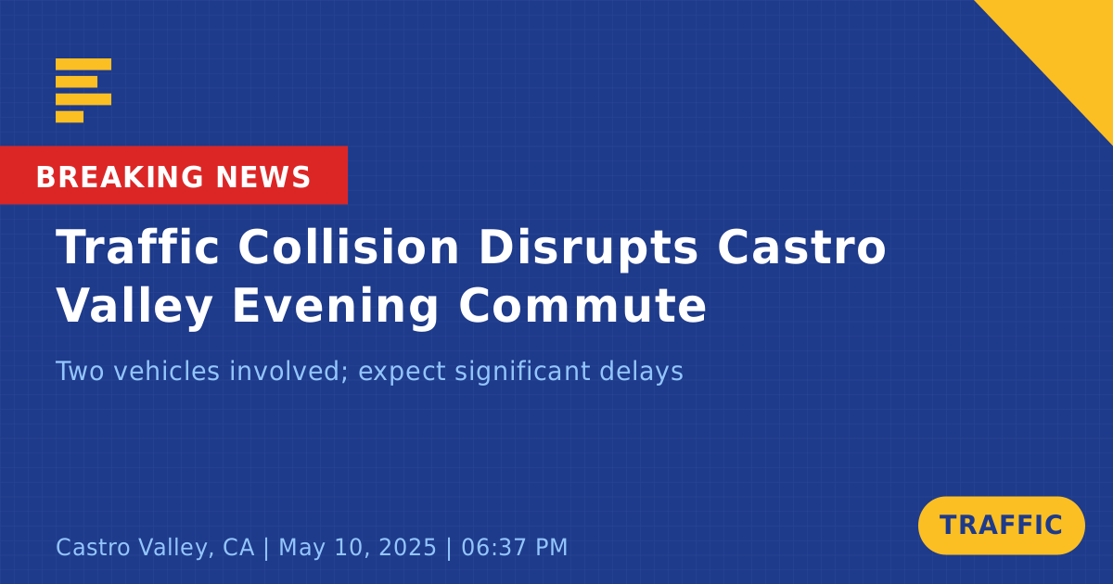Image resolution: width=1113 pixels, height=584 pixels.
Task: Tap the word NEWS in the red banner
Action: click(263, 177)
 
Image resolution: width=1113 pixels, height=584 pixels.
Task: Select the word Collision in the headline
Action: click(349, 247)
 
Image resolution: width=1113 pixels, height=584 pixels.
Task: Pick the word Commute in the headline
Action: click(582, 305)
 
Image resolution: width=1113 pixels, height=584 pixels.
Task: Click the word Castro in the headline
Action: click(802, 247)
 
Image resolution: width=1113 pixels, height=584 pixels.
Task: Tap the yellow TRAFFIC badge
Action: click(1001, 526)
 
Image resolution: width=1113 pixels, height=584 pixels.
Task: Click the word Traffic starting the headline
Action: click(137, 247)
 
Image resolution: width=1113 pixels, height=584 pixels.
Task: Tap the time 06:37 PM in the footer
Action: click(514, 547)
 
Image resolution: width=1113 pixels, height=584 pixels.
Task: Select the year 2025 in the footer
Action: click(407, 547)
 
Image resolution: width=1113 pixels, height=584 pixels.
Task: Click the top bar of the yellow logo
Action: click(83, 64)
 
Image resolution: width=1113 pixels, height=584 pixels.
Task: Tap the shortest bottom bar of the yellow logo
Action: click(70, 117)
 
